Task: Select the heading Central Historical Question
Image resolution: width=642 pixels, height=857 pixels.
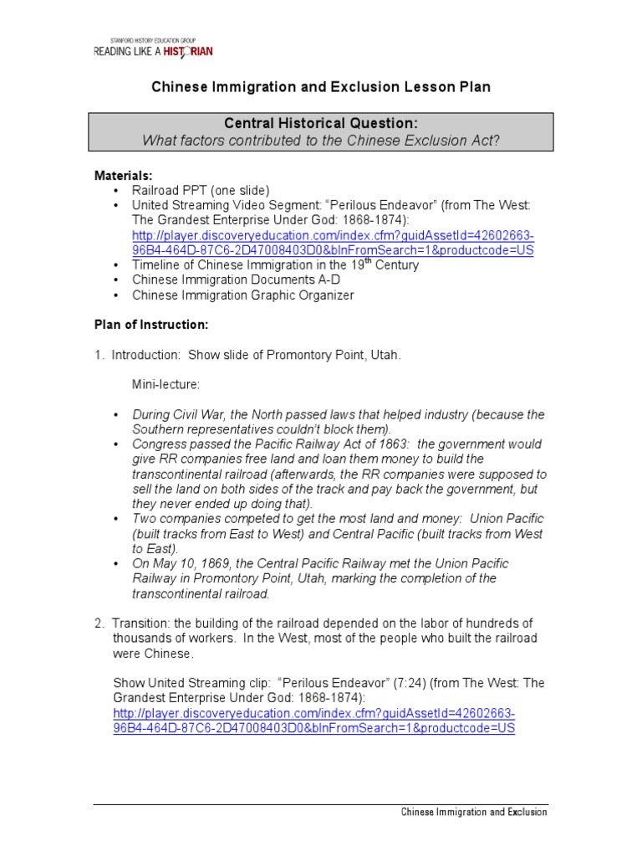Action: [321, 124]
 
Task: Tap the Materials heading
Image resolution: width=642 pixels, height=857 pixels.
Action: [123, 176]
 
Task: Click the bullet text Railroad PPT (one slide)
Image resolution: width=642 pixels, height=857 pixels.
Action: [201, 191]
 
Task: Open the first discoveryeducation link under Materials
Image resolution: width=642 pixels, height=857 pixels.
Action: [333, 243]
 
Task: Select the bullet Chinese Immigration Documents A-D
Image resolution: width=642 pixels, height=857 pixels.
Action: [236, 280]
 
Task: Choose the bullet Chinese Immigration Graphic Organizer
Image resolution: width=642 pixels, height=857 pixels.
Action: [243, 295]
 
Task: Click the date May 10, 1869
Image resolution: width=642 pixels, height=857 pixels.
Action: [185, 563]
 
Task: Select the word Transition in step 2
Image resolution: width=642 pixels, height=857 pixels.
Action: [142, 624]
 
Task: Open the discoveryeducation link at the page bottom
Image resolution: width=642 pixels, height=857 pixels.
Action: [314, 721]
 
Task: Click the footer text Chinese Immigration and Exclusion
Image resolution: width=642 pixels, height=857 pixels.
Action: [474, 812]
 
